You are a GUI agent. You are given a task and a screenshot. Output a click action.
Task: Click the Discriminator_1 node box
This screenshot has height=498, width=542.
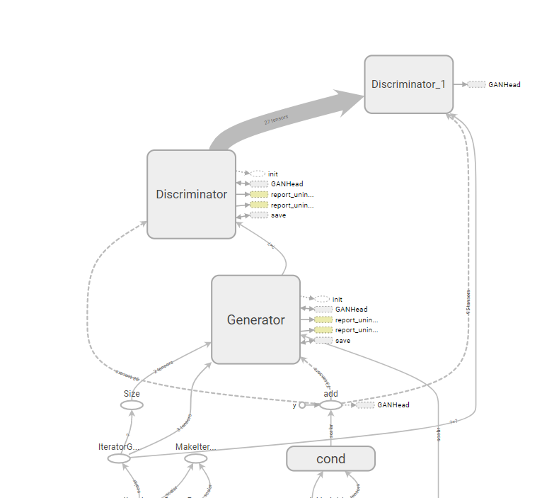408,84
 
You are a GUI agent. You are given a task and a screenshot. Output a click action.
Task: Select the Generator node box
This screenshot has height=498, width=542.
255,319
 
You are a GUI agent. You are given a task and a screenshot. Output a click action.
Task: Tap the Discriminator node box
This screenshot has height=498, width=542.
191,194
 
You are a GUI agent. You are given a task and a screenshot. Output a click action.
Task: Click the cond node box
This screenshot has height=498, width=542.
330,458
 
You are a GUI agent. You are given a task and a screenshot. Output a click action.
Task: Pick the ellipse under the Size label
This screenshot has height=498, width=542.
132,405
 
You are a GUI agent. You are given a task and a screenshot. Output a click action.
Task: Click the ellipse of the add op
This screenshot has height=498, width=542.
330,405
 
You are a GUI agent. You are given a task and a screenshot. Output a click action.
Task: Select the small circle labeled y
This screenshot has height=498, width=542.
302,405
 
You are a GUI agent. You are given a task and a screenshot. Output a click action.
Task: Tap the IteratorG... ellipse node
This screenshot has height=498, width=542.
119,458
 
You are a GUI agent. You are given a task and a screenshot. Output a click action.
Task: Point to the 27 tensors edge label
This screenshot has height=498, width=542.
276,120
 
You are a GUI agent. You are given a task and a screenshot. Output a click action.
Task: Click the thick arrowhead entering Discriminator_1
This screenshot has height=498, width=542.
351,102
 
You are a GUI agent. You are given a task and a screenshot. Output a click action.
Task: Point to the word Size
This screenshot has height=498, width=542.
132,393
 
